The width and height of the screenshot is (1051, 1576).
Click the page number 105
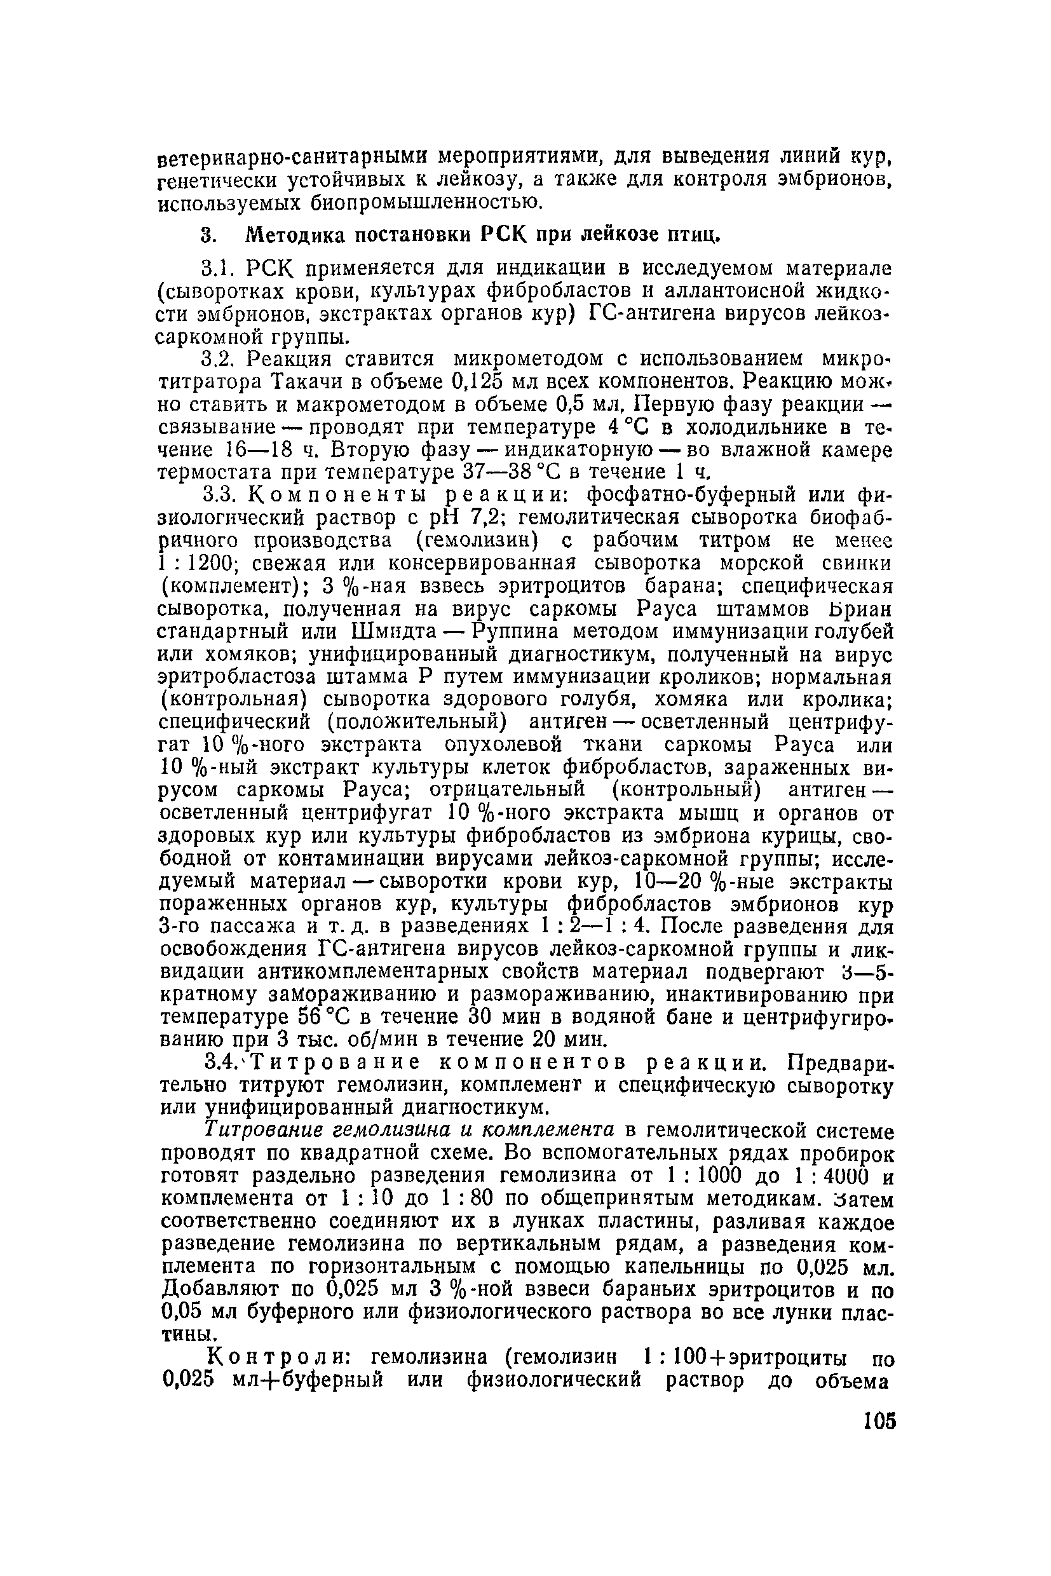(879, 1422)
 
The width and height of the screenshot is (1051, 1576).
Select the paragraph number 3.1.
(220, 269)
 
